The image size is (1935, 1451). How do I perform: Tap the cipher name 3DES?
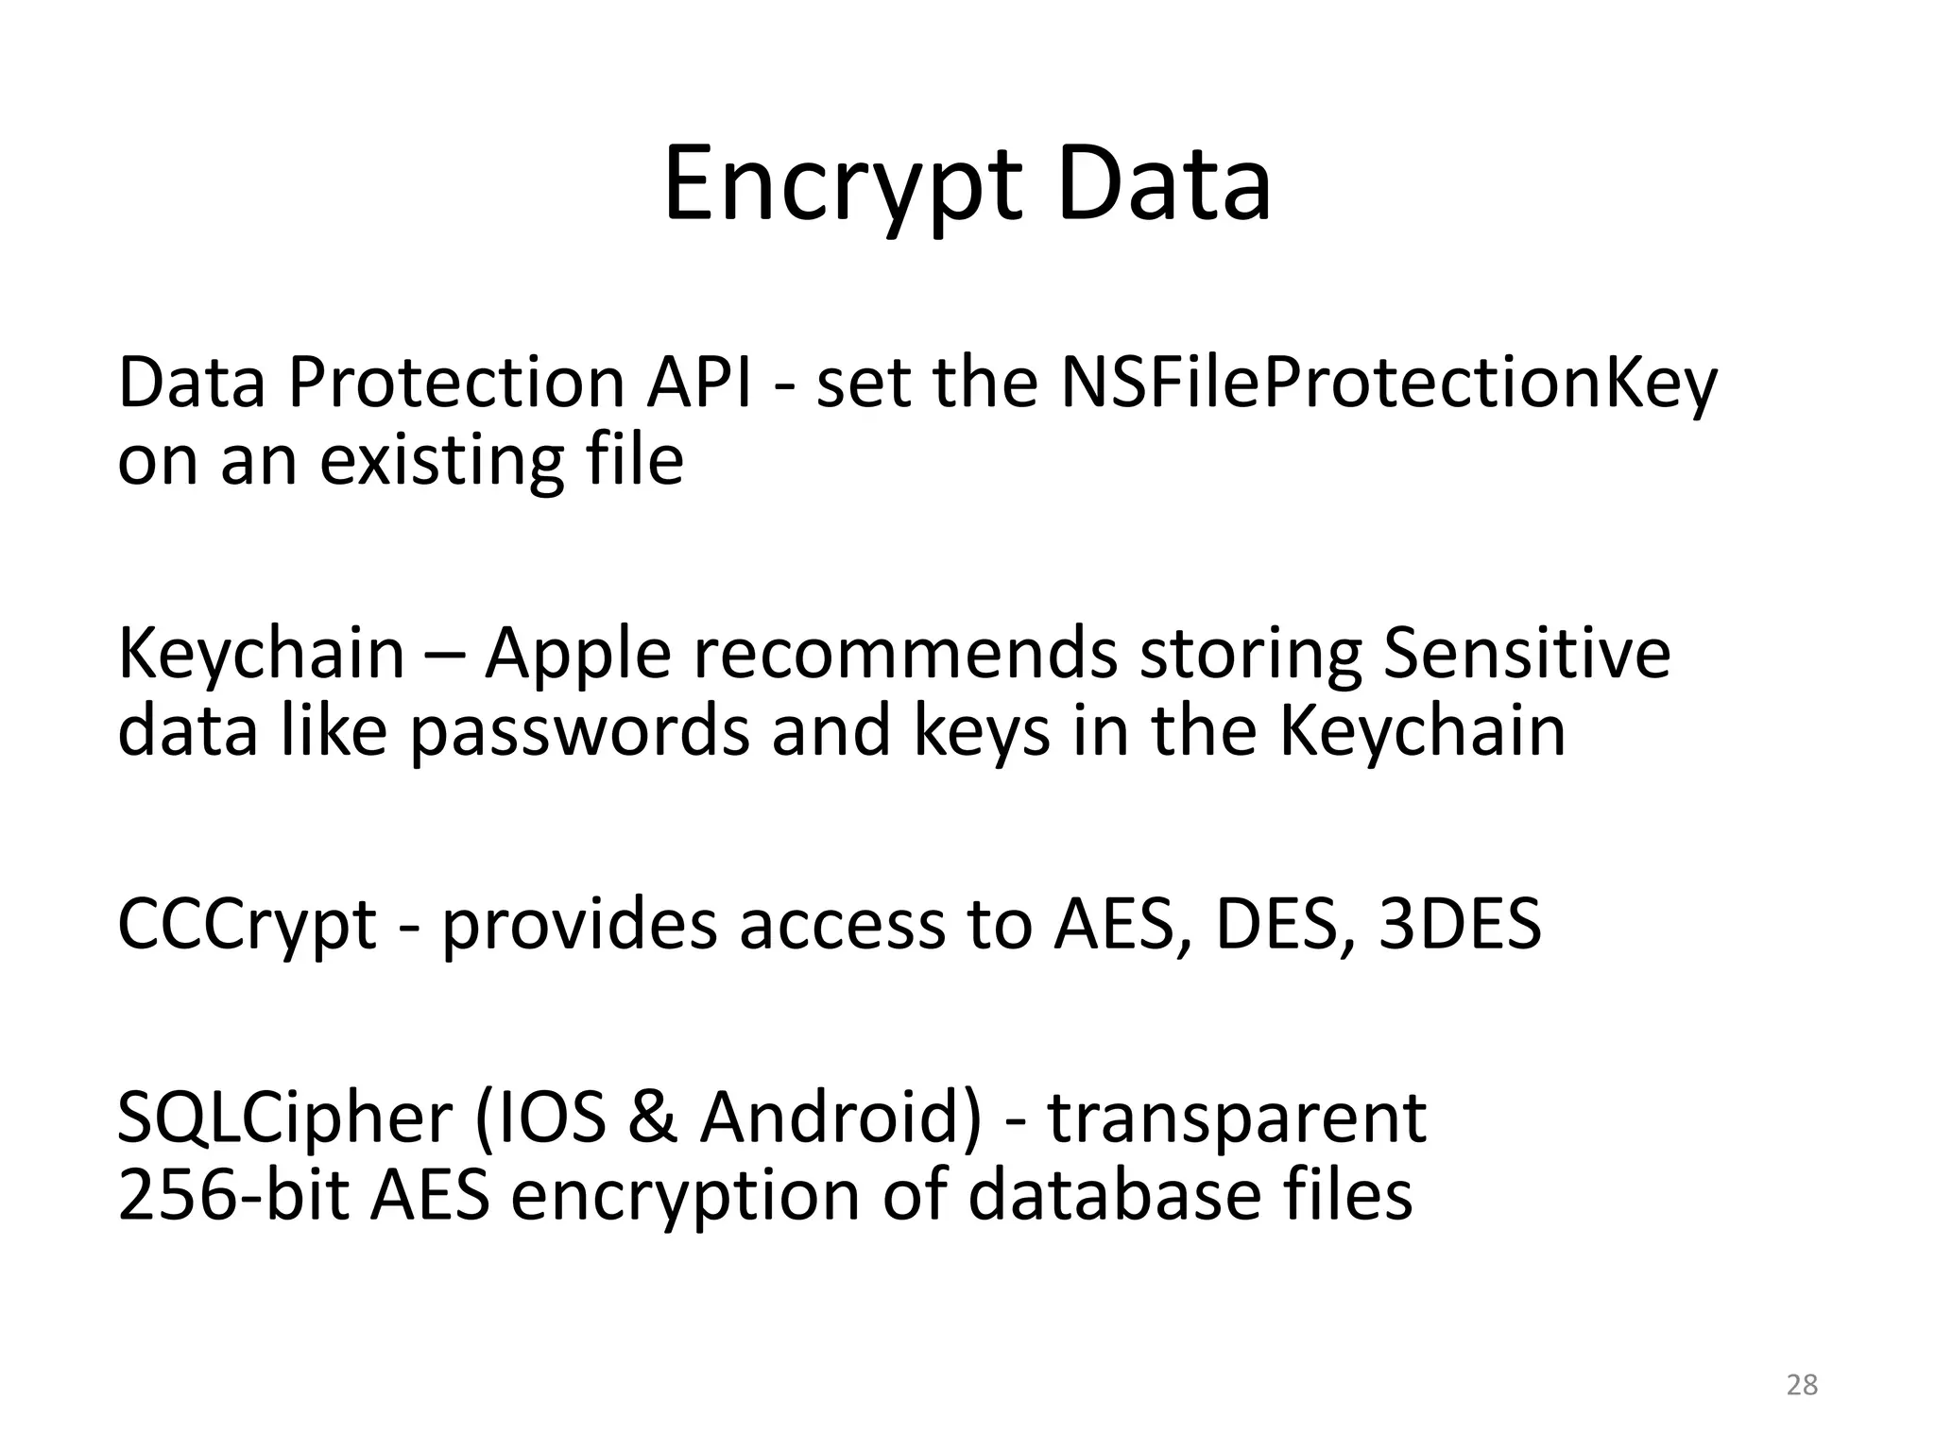tap(1460, 924)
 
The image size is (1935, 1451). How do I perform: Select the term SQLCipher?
tap(283, 1118)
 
